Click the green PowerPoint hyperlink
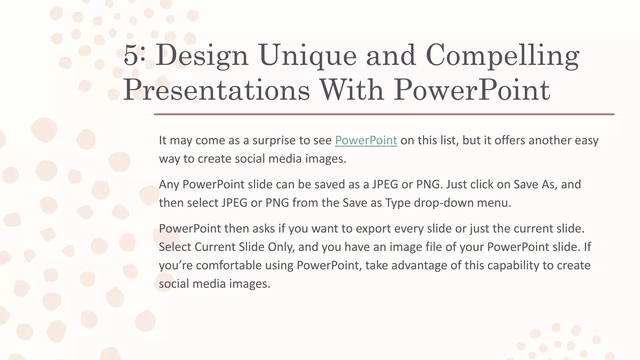[x=366, y=140]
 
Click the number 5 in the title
[x=131, y=55]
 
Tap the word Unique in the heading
[x=307, y=55]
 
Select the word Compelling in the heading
[x=502, y=55]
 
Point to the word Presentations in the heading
[x=217, y=90]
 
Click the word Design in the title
[x=202, y=55]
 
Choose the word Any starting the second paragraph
[x=169, y=184]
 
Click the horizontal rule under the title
[x=384, y=114]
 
